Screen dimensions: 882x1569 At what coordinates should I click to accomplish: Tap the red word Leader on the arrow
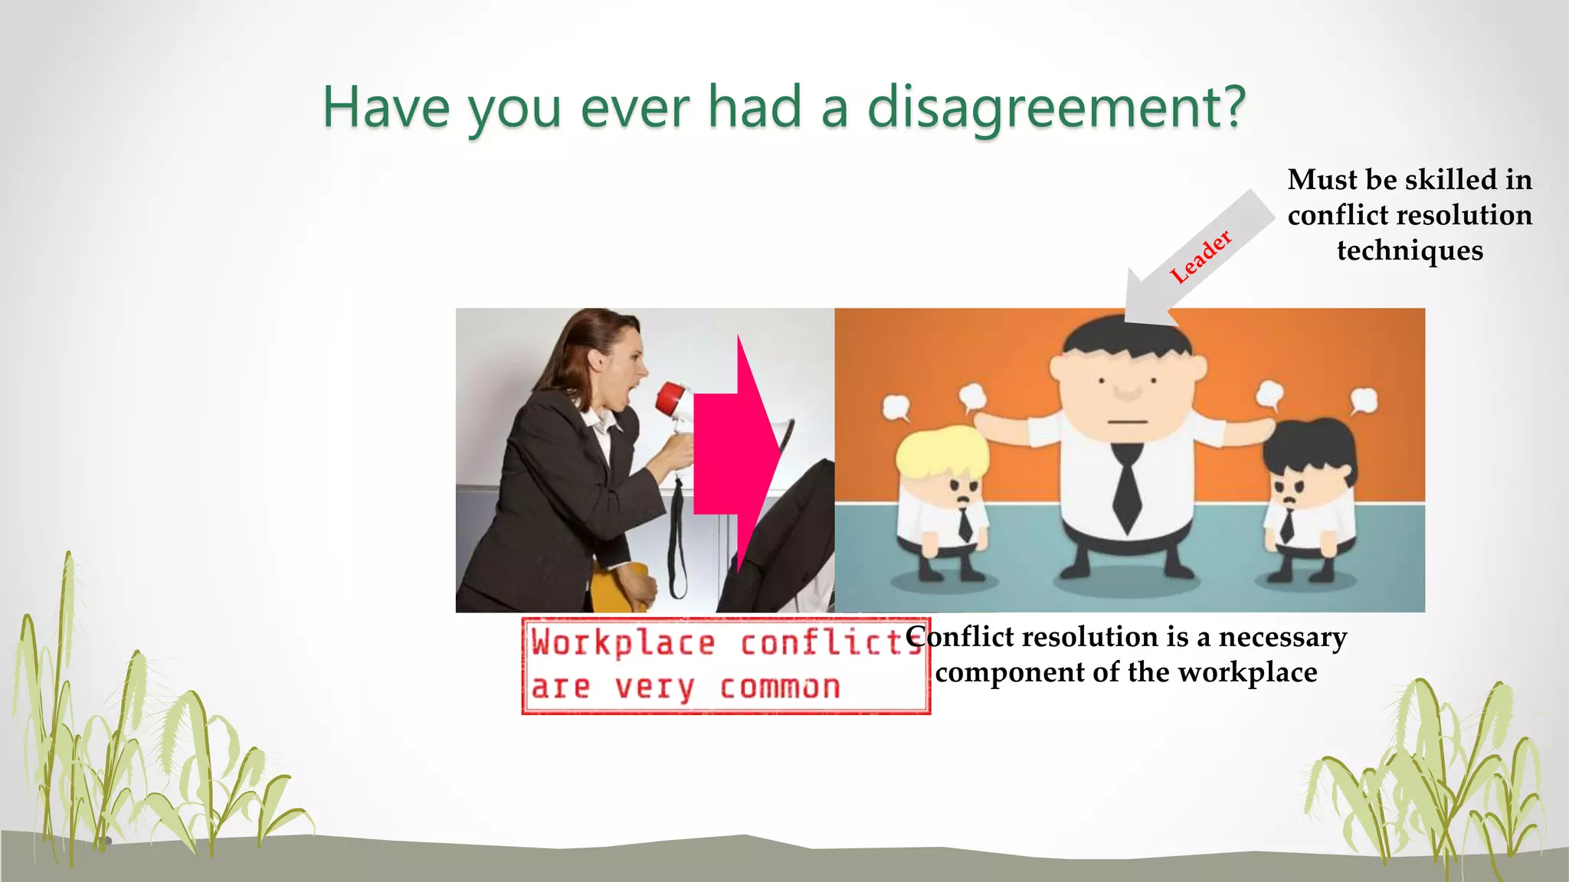[x=1200, y=256]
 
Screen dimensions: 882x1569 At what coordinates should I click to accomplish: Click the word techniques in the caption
[x=1410, y=250]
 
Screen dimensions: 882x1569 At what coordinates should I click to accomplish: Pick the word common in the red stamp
[x=780, y=687]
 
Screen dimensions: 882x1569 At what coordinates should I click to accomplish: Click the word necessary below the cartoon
[x=1282, y=637]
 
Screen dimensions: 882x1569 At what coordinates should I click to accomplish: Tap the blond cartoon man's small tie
[x=965, y=524]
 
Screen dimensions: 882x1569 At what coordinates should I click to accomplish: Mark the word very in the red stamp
[x=655, y=687]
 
